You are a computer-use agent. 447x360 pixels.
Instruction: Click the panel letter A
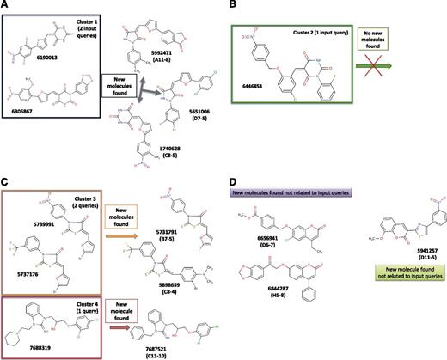pos(6,7)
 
